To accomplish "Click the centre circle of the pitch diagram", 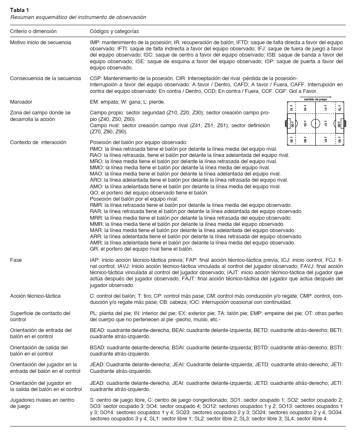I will pos(315,123).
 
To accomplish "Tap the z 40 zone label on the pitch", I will pos(305,108).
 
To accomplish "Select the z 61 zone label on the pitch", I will pos(326,140).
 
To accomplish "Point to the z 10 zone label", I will pos(291,108).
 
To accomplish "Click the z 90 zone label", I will pos(339,140).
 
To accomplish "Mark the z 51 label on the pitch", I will pos(326,123).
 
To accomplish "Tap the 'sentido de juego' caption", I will pos(315,100).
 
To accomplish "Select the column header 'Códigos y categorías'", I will pos(114,31).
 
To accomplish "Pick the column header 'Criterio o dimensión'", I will pos(33,31).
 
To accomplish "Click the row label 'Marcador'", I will pos(21,102).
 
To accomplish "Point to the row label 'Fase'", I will pos(16,261).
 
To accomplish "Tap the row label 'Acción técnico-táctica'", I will pos(36,296).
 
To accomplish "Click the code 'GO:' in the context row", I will pos(94,193).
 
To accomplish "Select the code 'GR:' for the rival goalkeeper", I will pos(94,249).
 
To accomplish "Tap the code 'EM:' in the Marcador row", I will pos(94,102).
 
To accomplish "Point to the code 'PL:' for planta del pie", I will pos(94,313).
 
